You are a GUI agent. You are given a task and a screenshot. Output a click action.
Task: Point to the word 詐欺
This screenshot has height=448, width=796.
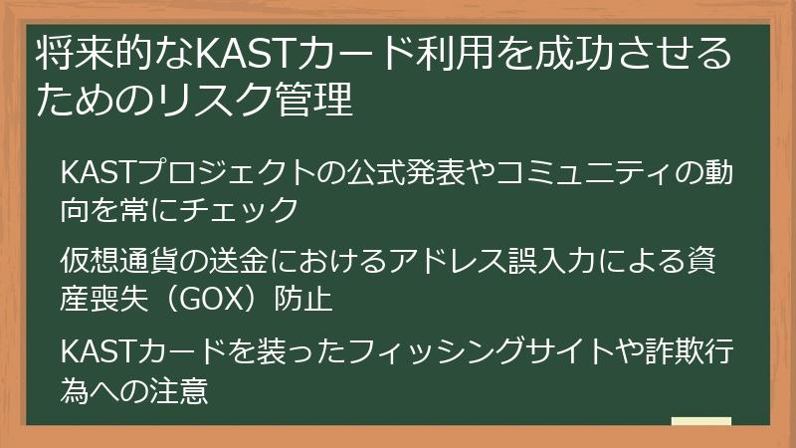[x=680, y=352]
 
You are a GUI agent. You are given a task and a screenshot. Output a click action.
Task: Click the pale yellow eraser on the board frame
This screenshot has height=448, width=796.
[x=700, y=422]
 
